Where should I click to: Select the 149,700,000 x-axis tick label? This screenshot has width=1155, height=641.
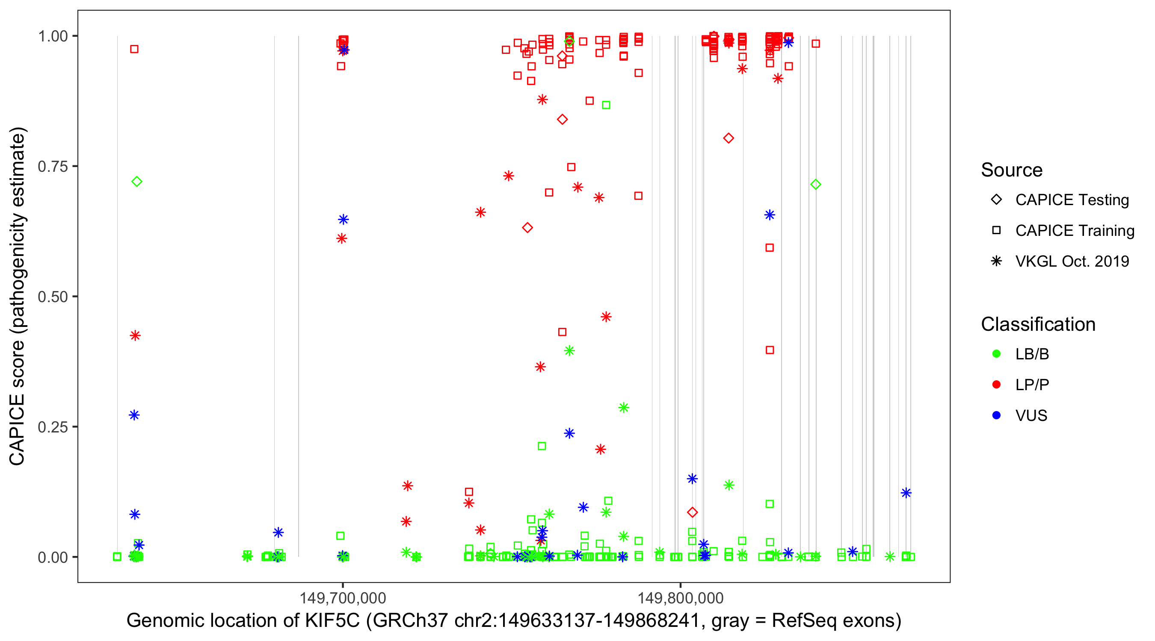click(x=343, y=597)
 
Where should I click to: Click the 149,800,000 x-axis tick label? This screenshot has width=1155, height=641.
click(x=681, y=597)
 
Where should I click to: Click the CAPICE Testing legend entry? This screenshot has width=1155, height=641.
click(x=1072, y=200)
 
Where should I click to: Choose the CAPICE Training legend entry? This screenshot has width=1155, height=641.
click(x=1075, y=231)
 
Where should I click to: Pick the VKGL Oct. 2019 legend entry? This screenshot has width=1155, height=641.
click(x=1072, y=261)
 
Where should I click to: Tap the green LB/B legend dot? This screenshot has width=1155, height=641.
click(x=996, y=354)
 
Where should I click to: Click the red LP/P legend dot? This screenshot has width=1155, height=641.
click(x=996, y=385)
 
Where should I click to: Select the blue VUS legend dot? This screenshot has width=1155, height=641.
click(x=996, y=416)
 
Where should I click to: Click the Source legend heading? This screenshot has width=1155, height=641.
click(x=1012, y=170)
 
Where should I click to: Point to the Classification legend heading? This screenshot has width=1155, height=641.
click(x=1038, y=324)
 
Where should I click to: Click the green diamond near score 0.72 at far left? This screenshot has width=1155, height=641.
click(x=137, y=182)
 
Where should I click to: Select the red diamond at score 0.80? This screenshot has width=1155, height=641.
click(x=729, y=138)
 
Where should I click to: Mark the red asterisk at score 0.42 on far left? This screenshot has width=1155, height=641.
click(x=135, y=335)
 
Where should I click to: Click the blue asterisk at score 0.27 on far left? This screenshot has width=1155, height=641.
click(x=134, y=415)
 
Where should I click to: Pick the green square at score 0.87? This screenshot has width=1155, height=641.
click(x=606, y=105)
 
